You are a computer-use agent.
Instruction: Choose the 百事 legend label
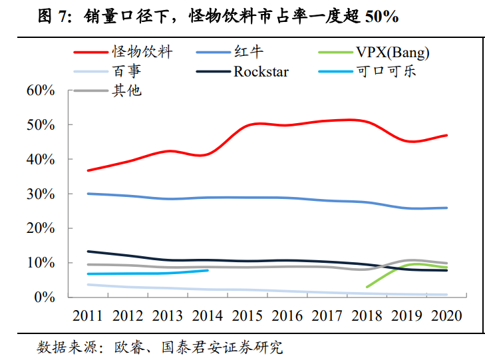coord(126,71)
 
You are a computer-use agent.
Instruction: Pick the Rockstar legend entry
coord(261,71)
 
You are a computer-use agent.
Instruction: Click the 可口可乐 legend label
coord(387,71)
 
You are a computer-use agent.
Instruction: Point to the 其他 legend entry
coord(126,90)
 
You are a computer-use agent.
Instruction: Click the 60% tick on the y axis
coord(41,90)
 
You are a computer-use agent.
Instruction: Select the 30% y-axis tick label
coord(41,194)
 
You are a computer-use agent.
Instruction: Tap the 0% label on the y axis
coord(45,297)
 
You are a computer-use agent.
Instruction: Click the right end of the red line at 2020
coord(446,135)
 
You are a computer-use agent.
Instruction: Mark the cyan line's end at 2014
coord(208,270)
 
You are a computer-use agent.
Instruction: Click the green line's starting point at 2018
coord(367,287)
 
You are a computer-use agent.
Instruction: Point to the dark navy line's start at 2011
coord(88,252)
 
